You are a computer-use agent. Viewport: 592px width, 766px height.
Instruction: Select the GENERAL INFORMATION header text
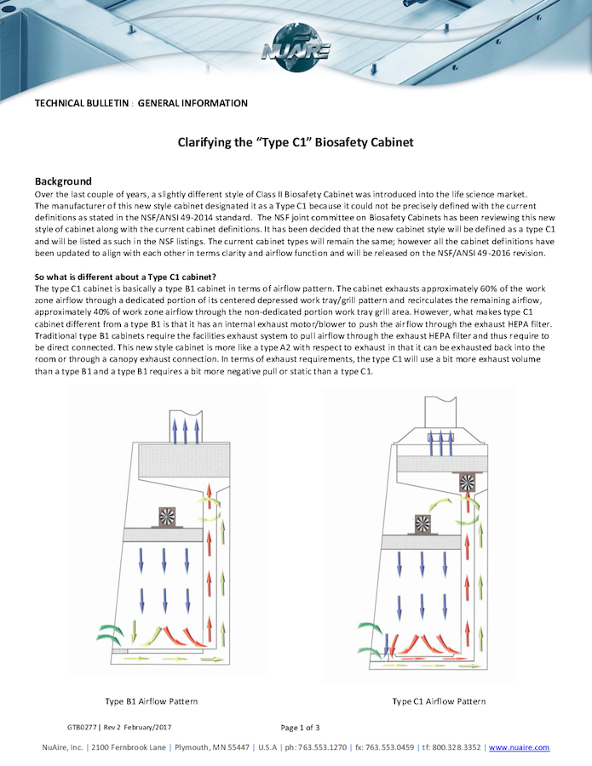click(x=193, y=104)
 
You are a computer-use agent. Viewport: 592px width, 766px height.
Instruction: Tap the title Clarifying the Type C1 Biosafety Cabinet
click(x=296, y=143)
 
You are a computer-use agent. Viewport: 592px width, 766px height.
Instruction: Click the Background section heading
click(x=63, y=181)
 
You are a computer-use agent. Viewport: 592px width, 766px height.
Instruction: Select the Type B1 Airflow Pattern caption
click(x=152, y=701)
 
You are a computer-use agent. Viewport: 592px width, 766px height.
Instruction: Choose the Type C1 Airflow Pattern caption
click(x=439, y=701)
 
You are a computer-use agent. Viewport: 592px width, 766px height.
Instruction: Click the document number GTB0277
click(x=82, y=728)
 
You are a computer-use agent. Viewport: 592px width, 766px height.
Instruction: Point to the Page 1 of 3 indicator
click(x=300, y=728)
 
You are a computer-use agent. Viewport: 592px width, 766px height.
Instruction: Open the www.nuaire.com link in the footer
click(x=519, y=747)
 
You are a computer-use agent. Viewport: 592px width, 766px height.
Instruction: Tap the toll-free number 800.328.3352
click(x=457, y=747)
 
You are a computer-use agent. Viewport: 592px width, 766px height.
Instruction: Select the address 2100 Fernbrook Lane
click(x=128, y=747)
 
